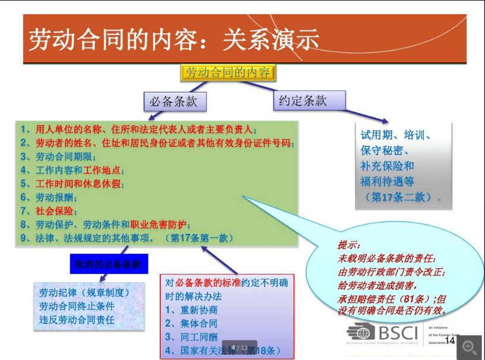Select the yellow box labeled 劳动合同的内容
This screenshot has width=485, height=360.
tap(228, 73)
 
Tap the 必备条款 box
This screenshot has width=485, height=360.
tap(175, 102)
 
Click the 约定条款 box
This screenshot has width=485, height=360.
tap(303, 100)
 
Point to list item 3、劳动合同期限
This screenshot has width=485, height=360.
tap(58, 157)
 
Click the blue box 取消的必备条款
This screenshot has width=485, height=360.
tap(108, 264)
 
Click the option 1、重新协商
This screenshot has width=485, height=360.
tap(191, 310)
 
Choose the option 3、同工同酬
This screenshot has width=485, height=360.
tap(191, 337)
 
